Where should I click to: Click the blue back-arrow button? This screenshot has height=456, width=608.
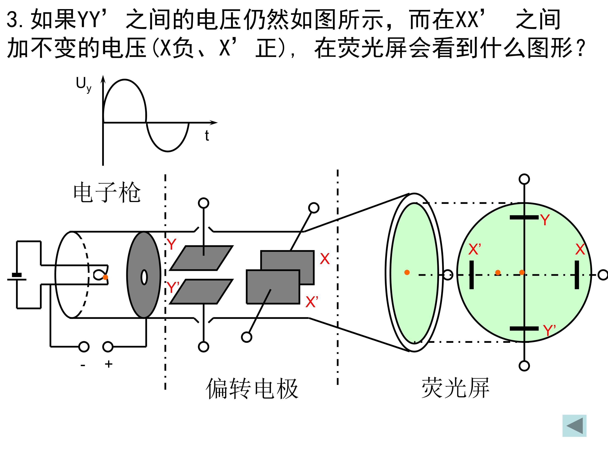click(x=574, y=426)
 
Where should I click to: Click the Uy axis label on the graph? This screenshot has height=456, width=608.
click(x=84, y=84)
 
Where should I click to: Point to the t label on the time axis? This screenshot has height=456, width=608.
click(x=207, y=136)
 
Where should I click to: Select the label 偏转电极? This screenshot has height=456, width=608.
click(x=252, y=388)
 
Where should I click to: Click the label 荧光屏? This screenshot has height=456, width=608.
click(x=455, y=388)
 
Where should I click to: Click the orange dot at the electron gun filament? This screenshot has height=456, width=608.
click(x=105, y=277)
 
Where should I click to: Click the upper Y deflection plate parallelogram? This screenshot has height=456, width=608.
click(x=201, y=258)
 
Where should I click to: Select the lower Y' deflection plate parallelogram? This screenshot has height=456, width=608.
click(x=201, y=292)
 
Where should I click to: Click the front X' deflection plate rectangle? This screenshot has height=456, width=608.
click(x=273, y=287)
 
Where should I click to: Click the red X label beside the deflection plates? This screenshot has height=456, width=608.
click(x=325, y=259)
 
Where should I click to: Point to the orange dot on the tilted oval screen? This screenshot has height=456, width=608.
click(x=407, y=272)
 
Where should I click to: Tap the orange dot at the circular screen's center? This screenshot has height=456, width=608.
click(x=522, y=272)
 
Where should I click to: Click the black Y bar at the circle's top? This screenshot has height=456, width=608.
click(x=524, y=217)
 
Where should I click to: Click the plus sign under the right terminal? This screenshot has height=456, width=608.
click(x=109, y=364)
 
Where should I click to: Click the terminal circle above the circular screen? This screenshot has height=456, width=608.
click(x=524, y=179)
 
